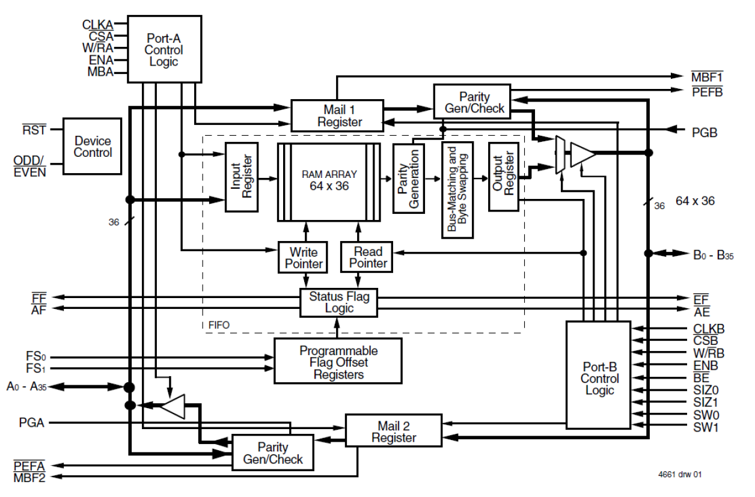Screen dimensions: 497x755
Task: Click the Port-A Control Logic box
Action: (x=164, y=49)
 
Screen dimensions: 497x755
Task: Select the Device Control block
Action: (x=93, y=146)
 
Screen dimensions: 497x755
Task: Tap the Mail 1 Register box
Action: (x=337, y=115)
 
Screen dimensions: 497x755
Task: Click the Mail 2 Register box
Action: (x=394, y=431)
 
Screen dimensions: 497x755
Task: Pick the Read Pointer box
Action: (x=368, y=257)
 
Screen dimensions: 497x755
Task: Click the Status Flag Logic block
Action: (x=340, y=302)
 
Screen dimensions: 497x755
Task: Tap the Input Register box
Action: (x=242, y=177)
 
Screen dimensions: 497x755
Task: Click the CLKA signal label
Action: (x=97, y=25)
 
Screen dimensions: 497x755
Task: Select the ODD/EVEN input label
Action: (x=29, y=165)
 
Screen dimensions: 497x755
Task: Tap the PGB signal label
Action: (x=704, y=132)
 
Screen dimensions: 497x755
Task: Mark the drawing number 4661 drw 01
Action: (x=679, y=474)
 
